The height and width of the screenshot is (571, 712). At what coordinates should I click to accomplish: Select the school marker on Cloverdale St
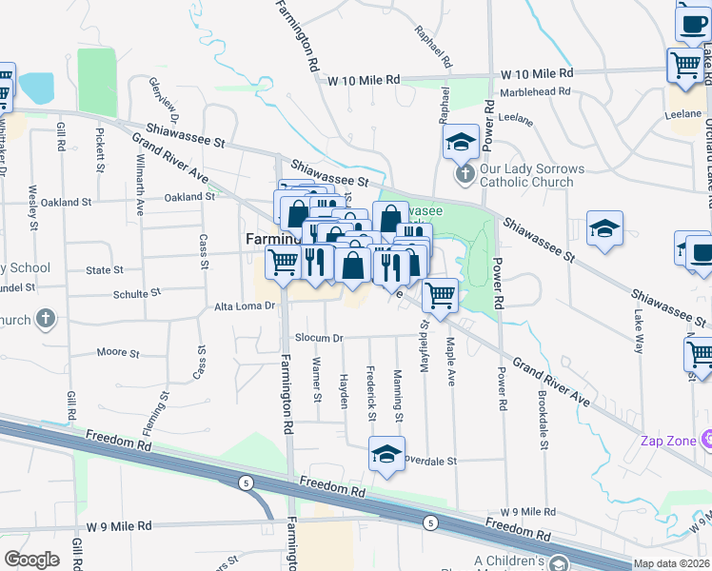[386, 455]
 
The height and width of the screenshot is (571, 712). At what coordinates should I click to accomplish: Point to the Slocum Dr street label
[318, 338]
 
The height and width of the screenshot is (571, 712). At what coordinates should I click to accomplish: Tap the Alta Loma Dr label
[244, 306]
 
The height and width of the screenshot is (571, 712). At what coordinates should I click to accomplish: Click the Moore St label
[118, 353]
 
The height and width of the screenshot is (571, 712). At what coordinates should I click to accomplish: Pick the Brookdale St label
[541, 394]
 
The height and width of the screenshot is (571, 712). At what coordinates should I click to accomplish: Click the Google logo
[31, 559]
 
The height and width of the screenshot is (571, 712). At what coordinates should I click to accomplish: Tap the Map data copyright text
[671, 563]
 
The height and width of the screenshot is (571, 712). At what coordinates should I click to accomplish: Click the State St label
[98, 270]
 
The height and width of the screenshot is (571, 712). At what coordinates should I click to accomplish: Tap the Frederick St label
[371, 389]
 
